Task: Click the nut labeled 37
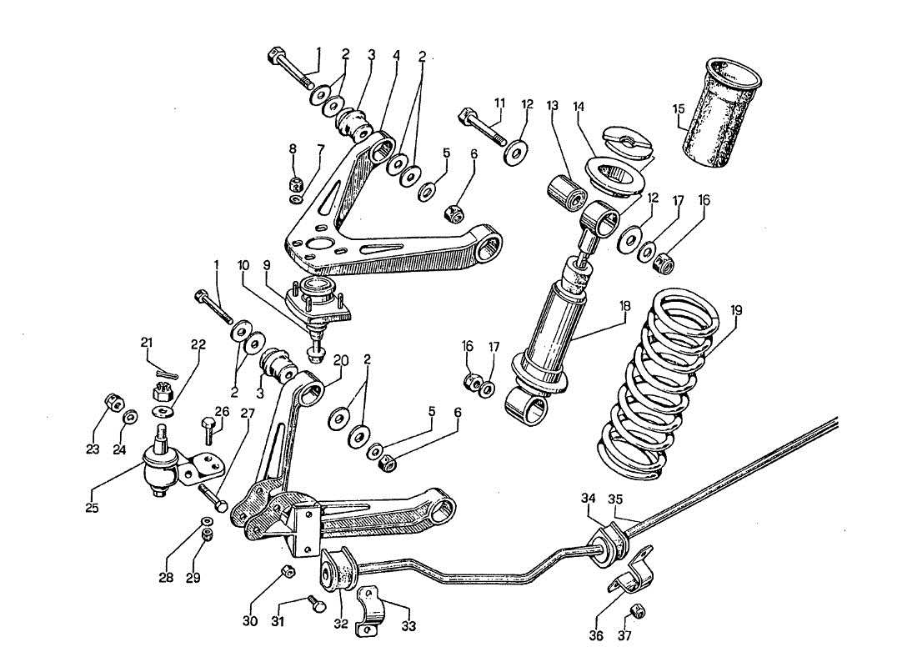pyautogui.click(x=638, y=611)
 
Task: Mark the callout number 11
pyautogui.click(x=499, y=103)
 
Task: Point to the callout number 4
pyautogui.click(x=396, y=56)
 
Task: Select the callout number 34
pyautogui.click(x=589, y=499)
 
